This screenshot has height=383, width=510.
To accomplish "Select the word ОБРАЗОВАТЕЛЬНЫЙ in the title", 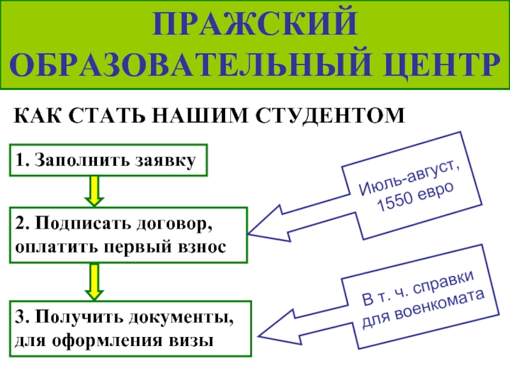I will click(194, 65).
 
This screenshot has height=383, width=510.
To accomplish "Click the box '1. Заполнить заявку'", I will click(108, 160).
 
